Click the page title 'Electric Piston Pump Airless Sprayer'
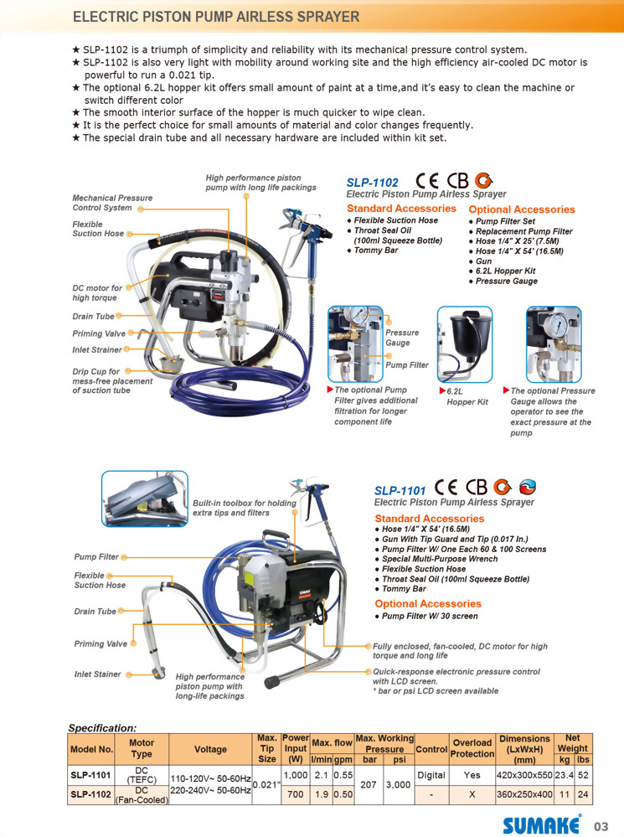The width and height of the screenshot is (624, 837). coord(216,17)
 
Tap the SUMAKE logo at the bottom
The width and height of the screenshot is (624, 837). coord(541,824)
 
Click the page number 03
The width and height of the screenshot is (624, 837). coord(602,825)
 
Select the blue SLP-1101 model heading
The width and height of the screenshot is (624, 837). coord(400,490)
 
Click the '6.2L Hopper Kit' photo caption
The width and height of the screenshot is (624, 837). coord(467,396)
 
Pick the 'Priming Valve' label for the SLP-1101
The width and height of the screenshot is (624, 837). coord(101,643)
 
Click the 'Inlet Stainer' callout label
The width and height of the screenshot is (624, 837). coord(97,674)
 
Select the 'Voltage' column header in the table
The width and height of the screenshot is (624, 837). coord(210,747)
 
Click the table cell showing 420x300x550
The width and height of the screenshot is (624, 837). coord(524,776)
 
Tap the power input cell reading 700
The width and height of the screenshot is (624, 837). coord(295,793)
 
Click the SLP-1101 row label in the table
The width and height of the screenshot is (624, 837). coord(90,776)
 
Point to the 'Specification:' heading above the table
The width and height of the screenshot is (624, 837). coord(101,728)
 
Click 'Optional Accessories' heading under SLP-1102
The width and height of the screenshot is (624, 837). coord(521,209)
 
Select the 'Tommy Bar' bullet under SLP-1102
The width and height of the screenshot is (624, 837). coord(375,251)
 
